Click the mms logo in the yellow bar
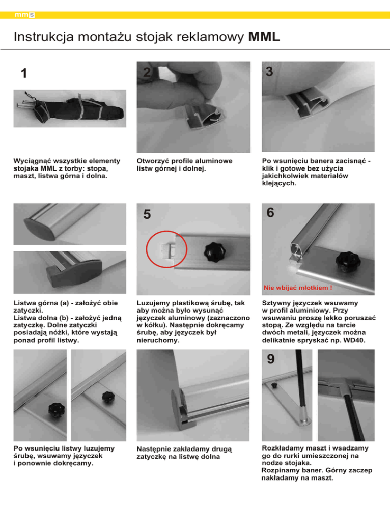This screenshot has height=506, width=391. coord(24,15)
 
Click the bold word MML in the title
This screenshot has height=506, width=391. coord(264,37)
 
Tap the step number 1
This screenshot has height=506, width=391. coord(23,74)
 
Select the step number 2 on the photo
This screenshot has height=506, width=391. coord(147,72)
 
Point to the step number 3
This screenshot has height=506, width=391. coord(269,72)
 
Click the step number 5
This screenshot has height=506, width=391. coord(147,214)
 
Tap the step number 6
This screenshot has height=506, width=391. coord(270,213)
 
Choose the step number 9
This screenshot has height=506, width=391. coord(270,359)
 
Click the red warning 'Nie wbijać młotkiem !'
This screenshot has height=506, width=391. coord(298,288)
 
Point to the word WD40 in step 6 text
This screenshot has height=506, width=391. coord(354,340)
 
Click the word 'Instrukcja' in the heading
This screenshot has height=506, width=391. coord(44,37)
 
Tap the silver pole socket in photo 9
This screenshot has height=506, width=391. coord(304,415)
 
